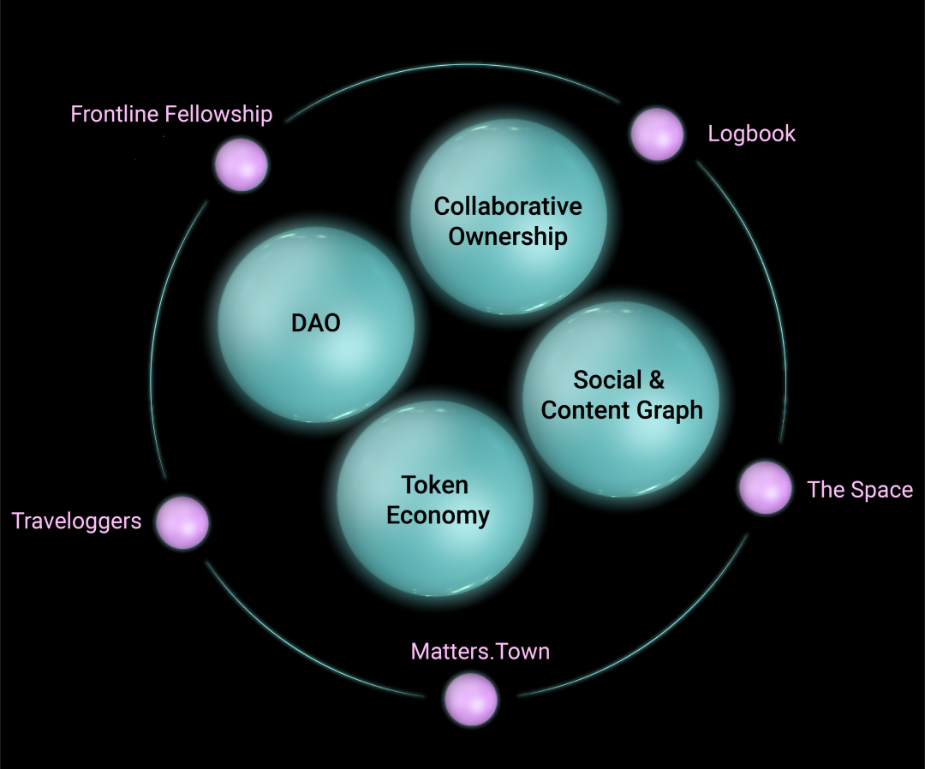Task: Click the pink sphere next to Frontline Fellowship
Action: [241, 164]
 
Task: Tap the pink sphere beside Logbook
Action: [657, 134]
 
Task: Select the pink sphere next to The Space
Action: [765, 487]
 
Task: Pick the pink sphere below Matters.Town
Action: [471, 699]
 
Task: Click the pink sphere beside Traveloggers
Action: [182, 522]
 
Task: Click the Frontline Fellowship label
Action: [171, 114]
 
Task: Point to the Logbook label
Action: [751, 134]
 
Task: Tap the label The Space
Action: [860, 490]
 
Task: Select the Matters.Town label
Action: [480, 652]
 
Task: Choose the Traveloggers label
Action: [76, 521]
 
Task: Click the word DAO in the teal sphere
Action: [316, 323]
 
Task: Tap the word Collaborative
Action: [508, 206]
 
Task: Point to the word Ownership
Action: [508, 236]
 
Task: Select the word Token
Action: [435, 486]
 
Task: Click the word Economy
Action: [438, 516]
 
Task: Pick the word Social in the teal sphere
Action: [607, 379]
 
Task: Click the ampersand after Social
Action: [656, 379]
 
